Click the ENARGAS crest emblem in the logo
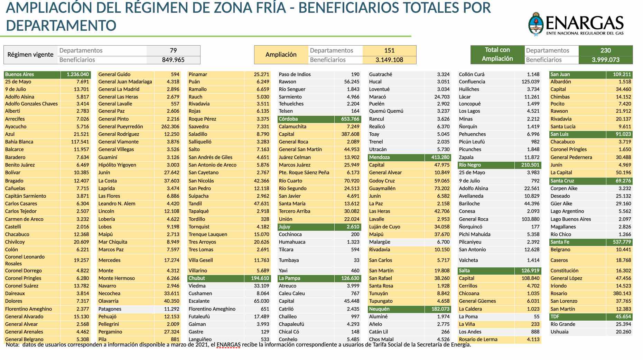pos(535,24)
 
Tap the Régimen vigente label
pos(30,55)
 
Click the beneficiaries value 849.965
pos(173,60)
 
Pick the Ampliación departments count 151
pos(389,50)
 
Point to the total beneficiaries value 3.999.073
pos(605,60)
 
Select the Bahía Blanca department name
pos(19,142)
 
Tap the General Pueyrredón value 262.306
pos(170,126)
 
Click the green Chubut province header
pos(197,278)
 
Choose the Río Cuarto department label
pos(290,181)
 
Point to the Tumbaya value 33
pos(356,260)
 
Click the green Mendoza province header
pos(379,157)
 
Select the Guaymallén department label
pos(382,188)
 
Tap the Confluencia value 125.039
pos(530,82)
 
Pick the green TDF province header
pos(555,316)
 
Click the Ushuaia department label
pos(559,332)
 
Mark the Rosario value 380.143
pos(622,293)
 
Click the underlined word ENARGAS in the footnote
pos(228,344)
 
